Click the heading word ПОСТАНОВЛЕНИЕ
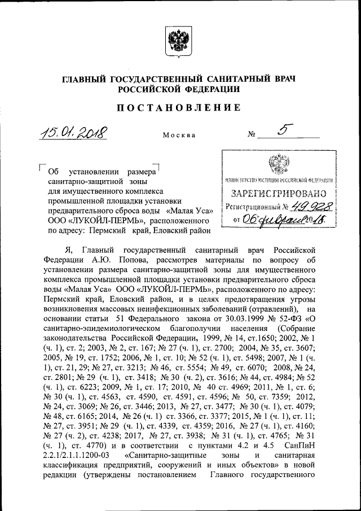tap(179, 107)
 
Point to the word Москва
tap(179, 136)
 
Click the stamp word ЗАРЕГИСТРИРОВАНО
tap(277, 194)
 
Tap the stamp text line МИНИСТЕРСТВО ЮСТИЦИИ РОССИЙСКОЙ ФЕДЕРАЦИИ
tap(277, 180)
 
